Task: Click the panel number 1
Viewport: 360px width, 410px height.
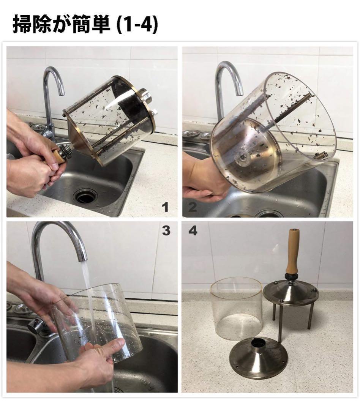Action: point(165,207)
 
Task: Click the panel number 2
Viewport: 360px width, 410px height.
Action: point(193,207)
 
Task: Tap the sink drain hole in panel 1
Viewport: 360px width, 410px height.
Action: point(85,196)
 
